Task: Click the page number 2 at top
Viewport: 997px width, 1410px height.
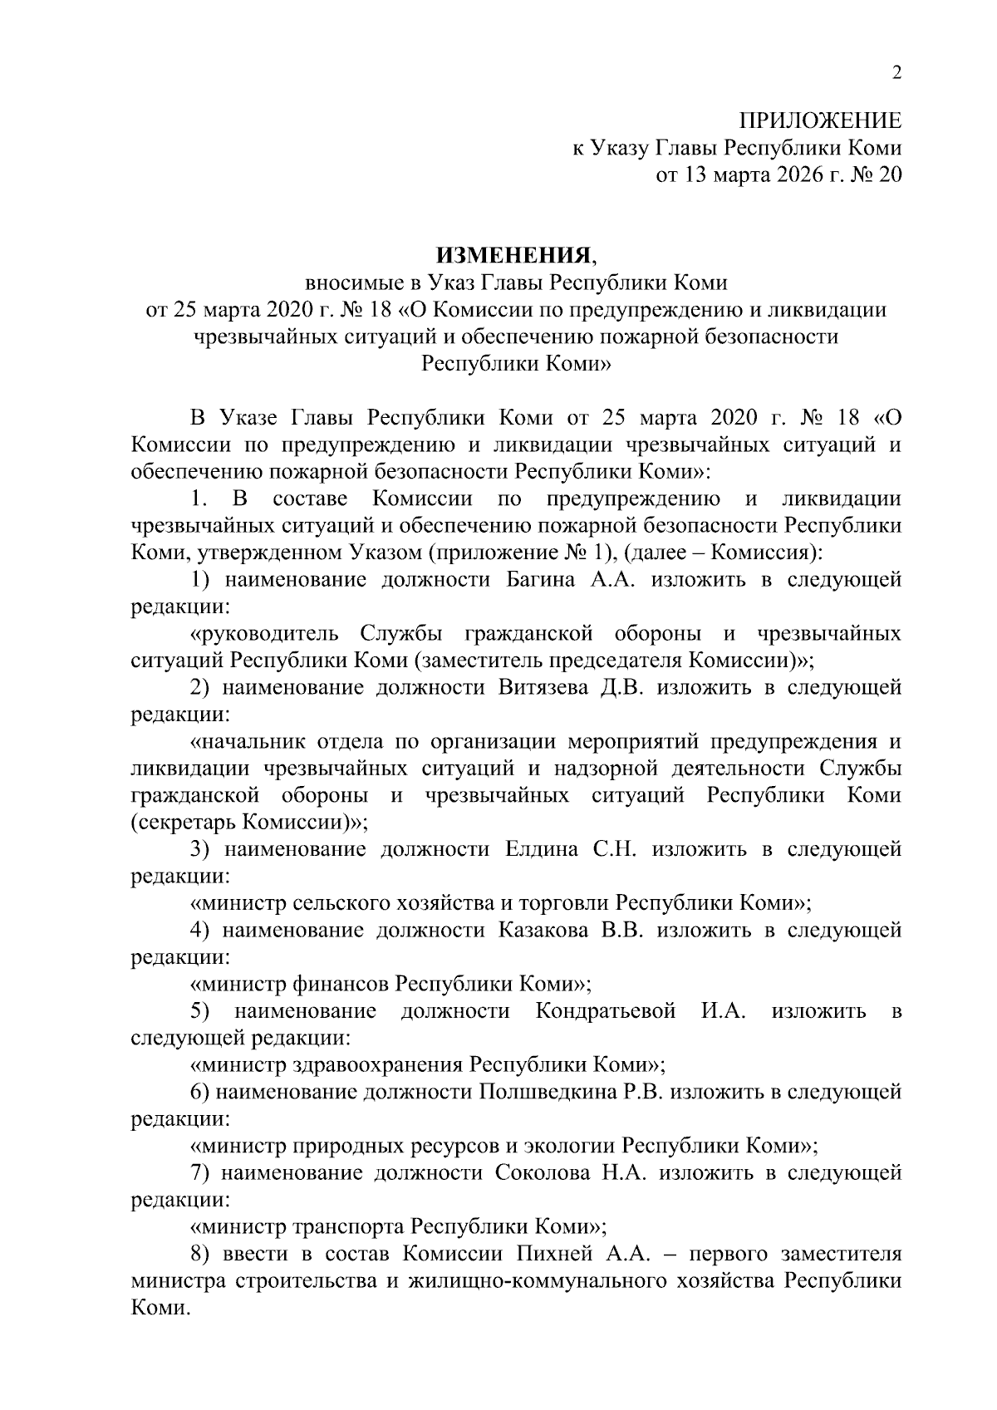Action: pyautogui.click(x=896, y=73)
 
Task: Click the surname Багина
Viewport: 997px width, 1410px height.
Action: pyautogui.click(x=542, y=580)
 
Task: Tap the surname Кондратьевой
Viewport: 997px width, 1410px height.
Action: pyautogui.click(x=606, y=1011)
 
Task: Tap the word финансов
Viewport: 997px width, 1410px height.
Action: pyautogui.click(x=341, y=985)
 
